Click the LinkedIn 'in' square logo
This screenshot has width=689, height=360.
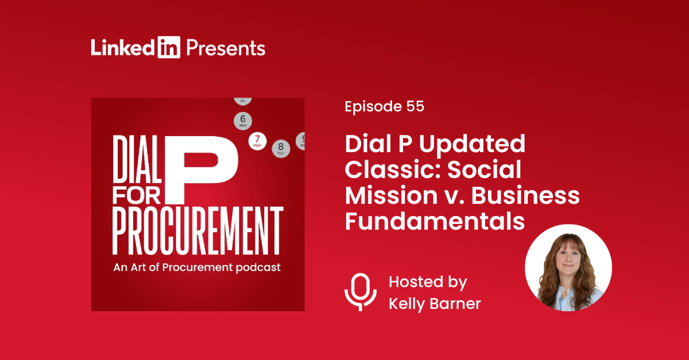point(169,47)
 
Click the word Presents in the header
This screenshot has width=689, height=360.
point(226,48)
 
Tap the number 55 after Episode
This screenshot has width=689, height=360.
point(415,106)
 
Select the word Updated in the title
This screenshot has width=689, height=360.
point(472,144)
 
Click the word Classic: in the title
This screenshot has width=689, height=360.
point(394,169)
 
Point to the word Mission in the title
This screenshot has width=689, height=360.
point(391,195)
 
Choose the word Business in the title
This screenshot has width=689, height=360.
point(526,195)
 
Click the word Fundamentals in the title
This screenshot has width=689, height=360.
point(435,221)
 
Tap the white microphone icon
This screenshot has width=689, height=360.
point(361,292)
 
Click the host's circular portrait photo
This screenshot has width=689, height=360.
point(568,268)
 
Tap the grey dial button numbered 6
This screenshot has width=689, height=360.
point(243,121)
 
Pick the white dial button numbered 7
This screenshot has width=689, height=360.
point(257,141)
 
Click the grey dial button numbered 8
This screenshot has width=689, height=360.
point(281,148)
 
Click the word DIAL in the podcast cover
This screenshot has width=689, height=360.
point(137,159)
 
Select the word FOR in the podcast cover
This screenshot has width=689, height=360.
point(137,195)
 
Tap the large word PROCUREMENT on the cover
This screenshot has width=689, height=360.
point(198,231)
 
